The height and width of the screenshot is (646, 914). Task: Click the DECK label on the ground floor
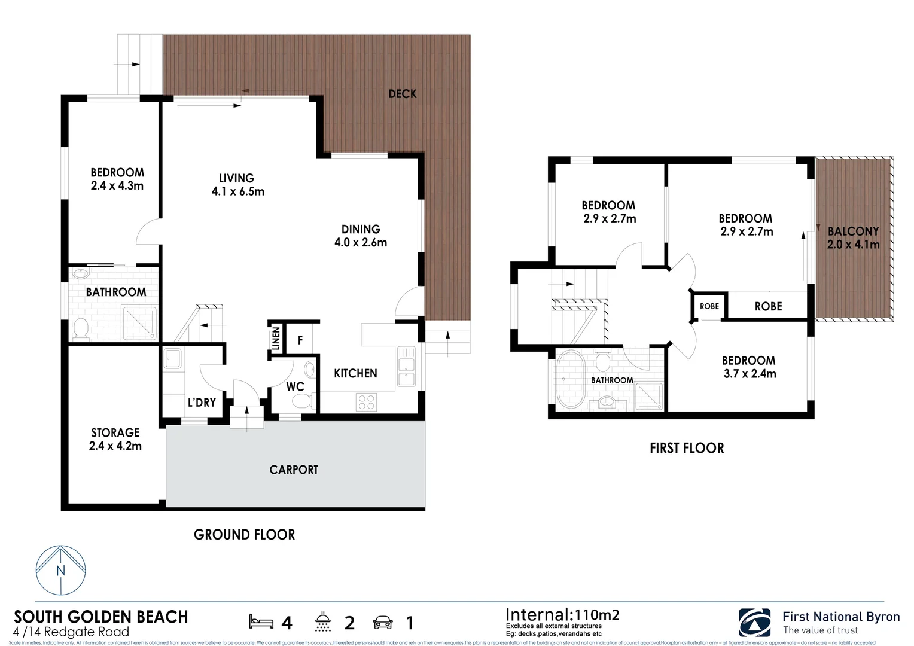(x=402, y=94)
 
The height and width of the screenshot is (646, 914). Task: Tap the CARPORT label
(x=294, y=470)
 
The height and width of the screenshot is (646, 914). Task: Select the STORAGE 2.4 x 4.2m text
(x=115, y=439)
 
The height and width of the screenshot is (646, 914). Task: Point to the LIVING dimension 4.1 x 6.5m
(x=237, y=192)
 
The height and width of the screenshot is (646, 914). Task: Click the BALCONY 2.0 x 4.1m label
(x=853, y=238)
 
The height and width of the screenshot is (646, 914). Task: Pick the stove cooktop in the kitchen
(x=366, y=402)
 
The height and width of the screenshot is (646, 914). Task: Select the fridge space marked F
(x=300, y=340)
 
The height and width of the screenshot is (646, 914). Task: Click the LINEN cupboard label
(x=276, y=339)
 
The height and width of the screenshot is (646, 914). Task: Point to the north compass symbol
(x=60, y=570)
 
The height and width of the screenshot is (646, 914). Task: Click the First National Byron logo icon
(x=754, y=623)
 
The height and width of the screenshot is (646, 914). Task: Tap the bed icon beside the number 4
(x=261, y=622)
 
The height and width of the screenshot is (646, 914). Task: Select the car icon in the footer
(x=383, y=623)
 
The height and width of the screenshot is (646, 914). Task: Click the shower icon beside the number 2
(x=323, y=622)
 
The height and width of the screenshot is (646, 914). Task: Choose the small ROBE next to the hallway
(x=709, y=306)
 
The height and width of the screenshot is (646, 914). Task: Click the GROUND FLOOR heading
(x=244, y=535)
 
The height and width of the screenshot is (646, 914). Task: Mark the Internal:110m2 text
(x=562, y=615)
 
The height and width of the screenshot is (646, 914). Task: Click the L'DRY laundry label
(x=202, y=403)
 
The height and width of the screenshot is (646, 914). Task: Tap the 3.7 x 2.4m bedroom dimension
(x=750, y=374)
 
